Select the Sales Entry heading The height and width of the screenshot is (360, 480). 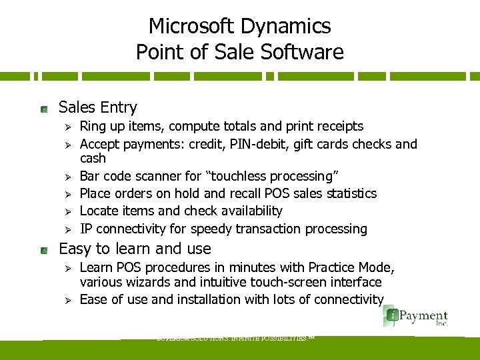tap(98, 107)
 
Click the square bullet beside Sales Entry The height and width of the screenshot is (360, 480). tap(43, 108)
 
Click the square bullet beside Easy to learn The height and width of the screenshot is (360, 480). tap(43, 249)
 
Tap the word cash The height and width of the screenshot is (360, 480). tap(93, 159)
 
